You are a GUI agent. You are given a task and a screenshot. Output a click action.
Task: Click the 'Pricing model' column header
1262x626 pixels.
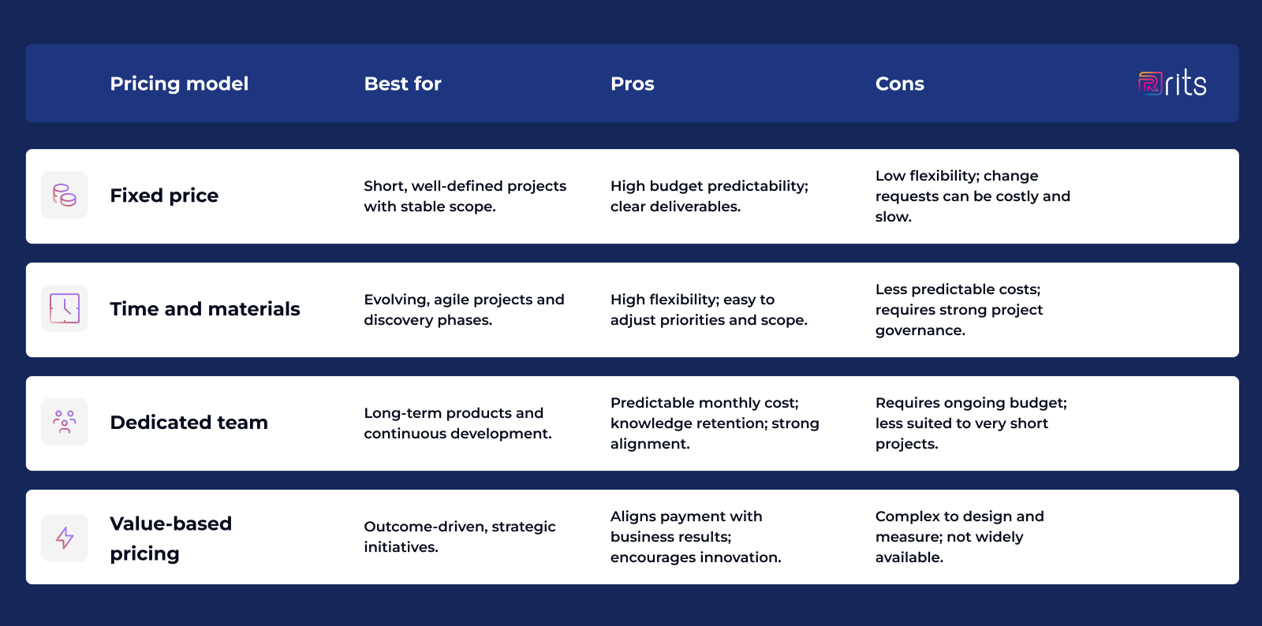point(179,84)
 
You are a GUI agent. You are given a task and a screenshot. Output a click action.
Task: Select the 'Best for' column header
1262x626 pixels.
point(402,84)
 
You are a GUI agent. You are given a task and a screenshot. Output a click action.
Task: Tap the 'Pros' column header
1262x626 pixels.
point(632,84)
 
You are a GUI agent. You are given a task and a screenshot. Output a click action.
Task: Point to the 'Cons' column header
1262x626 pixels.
point(899,84)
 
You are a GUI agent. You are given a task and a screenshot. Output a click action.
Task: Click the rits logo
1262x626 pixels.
point(1172,83)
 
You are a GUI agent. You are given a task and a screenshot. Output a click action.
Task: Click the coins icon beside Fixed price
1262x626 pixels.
point(65,195)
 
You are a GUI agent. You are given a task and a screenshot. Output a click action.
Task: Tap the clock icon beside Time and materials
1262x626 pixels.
point(65,308)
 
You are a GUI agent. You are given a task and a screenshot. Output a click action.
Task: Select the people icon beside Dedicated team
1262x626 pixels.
point(65,422)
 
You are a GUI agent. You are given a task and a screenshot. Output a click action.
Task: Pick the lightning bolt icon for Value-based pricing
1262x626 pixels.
point(65,538)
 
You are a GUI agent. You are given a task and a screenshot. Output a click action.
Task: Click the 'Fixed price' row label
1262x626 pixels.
point(164,196)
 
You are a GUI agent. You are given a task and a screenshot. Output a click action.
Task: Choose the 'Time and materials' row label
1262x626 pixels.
point(205,309)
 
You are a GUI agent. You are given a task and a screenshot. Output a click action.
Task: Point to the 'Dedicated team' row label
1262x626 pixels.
point(189,423)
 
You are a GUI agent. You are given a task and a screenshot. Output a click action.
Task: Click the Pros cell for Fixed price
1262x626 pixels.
point(709,196)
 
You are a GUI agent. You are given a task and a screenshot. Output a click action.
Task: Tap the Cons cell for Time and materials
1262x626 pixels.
point(958,310)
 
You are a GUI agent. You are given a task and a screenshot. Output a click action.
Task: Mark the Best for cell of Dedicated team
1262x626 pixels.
point(457,423)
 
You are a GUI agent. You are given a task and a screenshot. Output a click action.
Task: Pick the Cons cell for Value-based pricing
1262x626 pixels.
point(959,537)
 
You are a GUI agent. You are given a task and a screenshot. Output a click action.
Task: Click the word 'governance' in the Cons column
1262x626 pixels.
point(918,330)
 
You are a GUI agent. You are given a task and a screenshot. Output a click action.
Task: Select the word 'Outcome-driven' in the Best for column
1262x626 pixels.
point(424,527)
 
